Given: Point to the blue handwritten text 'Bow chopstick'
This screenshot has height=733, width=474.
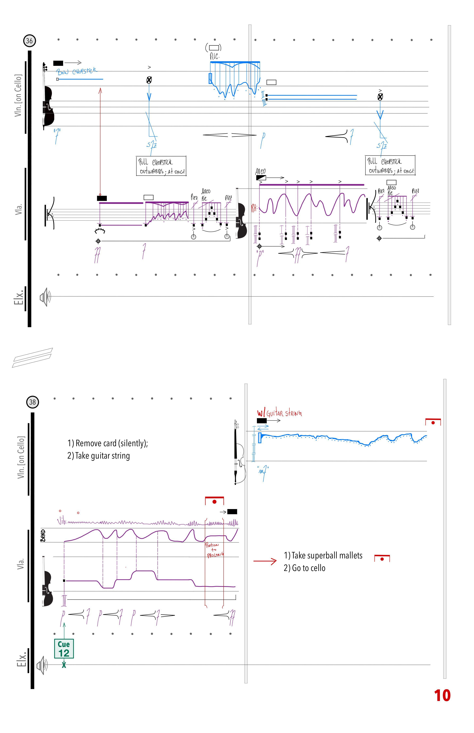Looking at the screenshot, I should coord(76,71).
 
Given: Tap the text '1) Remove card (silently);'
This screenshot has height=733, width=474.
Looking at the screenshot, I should coord(107,443).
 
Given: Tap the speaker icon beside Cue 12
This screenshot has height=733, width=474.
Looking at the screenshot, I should coord(42,665).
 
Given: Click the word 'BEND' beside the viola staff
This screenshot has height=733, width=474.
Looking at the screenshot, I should coord(43,536).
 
